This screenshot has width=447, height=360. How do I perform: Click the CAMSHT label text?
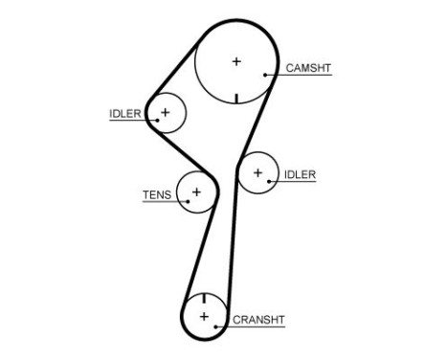pos(308,68)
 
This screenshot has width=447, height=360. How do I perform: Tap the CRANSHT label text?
pos(259,319)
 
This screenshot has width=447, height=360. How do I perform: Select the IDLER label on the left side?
pos(124,114)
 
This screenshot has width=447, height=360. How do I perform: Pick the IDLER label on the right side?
pos(300,174)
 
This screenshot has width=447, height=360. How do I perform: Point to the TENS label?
pos(157,194)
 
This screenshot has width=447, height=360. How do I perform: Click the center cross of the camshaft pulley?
pos(236,62)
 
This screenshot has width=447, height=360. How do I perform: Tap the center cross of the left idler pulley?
pos(165,113)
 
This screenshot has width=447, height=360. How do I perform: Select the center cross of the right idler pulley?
pos(257,173)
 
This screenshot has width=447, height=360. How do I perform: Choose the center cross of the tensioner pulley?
pos(196,192)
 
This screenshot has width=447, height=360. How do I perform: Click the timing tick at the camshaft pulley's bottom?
pos(236,97)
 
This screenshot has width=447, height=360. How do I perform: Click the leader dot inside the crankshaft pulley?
pos(217,326)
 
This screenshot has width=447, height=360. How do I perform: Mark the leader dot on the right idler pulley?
pos(265,182)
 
